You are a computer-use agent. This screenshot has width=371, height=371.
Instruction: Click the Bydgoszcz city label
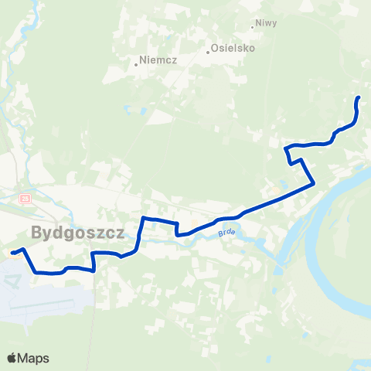pyautogui.click(x=79, y=232)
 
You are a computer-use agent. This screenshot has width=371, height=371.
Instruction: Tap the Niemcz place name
pyautogui.click(x=158, y=60)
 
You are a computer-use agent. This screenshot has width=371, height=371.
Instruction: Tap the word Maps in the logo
pyautogui.click(x=35, y=358)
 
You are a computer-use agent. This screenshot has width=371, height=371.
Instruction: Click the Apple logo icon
pyautogui.click(x=12, y=358)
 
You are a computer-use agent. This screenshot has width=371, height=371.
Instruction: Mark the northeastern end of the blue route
pyautogui.click(x=358, y=98)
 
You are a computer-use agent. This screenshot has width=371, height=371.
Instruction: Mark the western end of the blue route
pyautogui.click(x=12, y=251)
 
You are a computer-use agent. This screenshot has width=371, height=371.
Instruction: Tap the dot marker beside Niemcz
pyautogui.click(x=136, y=64)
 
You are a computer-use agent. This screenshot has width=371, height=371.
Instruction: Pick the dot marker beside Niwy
pyautogui.click(x=254, y=27)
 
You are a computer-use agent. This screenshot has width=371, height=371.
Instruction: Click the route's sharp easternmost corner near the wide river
pyautogui.click(x=313, y=183)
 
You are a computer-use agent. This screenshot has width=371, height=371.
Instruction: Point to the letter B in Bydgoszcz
pyautogui.click(x=38, y=232)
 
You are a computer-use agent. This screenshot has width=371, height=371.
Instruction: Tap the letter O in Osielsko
pyautogui.click(x=216, y=48)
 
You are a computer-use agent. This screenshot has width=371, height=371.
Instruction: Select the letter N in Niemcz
pyautogui.click(x=143, y=60)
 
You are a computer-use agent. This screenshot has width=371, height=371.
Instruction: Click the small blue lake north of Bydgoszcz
pyautogui.click(x=145, y=108)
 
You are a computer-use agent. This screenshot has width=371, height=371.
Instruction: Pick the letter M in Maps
pyautogui.click(x=25, y=358)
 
